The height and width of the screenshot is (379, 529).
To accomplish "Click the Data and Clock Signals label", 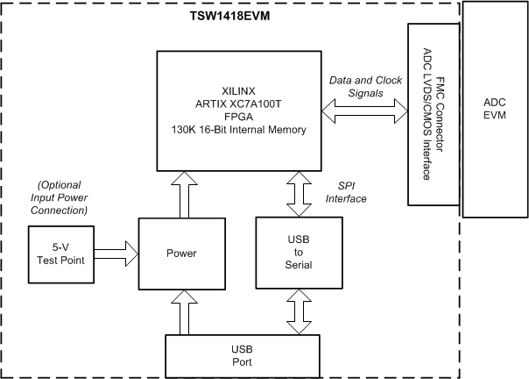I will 365,86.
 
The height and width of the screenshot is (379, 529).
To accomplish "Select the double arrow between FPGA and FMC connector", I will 366,111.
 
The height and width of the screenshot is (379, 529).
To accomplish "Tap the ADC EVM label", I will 495,109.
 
